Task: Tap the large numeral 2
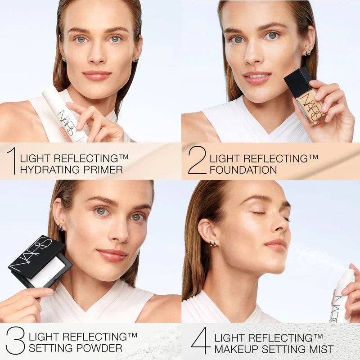pos(197,160)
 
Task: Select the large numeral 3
pos(15,341)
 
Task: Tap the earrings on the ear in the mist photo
pos(213,243)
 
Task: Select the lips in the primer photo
pos(97,75)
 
